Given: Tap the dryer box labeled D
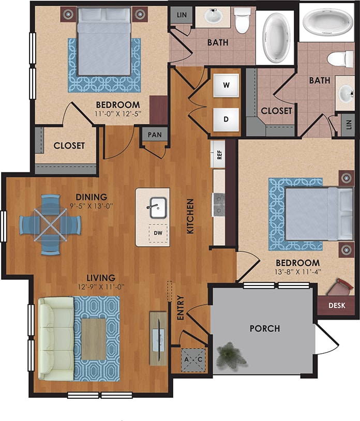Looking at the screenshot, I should [x=226, y=119].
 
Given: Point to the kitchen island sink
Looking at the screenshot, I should [x=157, y=207].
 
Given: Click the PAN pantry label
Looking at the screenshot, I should [x=154, y=135].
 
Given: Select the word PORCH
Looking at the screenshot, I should [x=264, y=328].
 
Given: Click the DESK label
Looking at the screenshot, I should [x=339, y=306].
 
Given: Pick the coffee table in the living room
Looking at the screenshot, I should [x=94, y=339].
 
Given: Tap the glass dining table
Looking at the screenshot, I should [x=50, y=224].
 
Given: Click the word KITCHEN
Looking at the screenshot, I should [x=190, y=216].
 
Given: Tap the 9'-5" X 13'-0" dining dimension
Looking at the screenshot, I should [x=92, y=206].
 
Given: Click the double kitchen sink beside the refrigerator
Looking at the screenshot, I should [x=219, y=204].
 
